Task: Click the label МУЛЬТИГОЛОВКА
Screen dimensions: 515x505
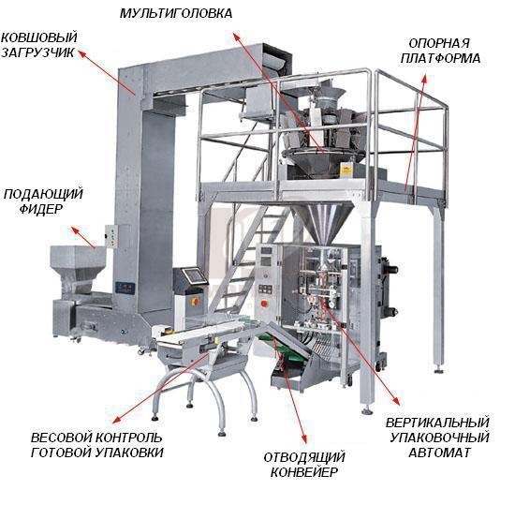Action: (x=176, y=13)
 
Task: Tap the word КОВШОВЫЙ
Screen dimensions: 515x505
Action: (x=39, y=37)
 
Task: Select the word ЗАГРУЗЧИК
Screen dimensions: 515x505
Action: (x=38, y=52)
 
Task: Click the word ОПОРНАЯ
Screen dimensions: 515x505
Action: (x=439, y=43)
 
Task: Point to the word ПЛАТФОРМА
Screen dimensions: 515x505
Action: (x=440, y=58)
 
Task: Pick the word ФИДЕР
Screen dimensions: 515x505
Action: (x=40, y=209)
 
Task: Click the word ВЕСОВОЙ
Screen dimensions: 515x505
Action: (x=60, y=438)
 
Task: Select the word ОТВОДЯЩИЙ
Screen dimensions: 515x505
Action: (x=304, y=457)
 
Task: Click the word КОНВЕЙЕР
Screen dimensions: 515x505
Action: (x=304, y=472)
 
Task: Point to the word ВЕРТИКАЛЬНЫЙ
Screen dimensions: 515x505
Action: (x=438, y=423)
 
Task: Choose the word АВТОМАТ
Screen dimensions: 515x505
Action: (x=439, y=453)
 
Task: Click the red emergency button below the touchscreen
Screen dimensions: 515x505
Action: (x=195, y=301)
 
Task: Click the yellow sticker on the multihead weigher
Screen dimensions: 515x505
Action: (x=346, y=170)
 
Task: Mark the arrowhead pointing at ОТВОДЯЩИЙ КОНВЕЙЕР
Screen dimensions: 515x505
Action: (x=303, y=438)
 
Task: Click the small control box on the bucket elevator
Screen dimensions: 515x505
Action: (x=112, y=236)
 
